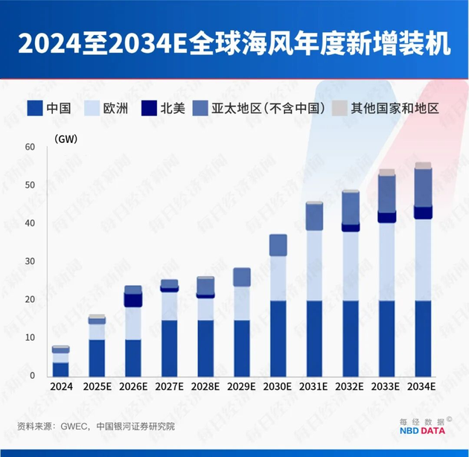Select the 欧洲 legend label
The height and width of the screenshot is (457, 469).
pyautogui.click(x=116, y=108)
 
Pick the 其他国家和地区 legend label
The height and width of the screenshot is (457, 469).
pyautogui.click(x=395, y=108)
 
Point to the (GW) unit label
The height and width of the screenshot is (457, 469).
pyautogui.click(x=66, y=138)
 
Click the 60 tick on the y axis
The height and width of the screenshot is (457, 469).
pyautogui.click(x=30, y=147)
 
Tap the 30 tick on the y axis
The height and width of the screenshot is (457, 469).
pyautogui.click(x=30, y=261)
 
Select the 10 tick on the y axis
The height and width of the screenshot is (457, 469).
pyautogui.click(x=30, y=338)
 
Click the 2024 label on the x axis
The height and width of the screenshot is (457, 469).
pyautogui.click(x=61, y=387)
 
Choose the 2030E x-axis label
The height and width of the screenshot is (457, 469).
pyautogui.click(x=278, y=387)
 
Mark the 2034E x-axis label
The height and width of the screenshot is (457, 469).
pyautogui.click(x=423, y=387)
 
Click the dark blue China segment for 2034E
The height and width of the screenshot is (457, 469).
pyautogui.click(x=423, y=339)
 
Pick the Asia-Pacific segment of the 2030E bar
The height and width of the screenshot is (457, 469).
pyautogui.click(x=278, y=246)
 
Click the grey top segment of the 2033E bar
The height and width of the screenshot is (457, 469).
pyautogui.click(x=387, y=172)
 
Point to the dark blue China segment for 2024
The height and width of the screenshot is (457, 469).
pyautogui.click(x=61, y=369)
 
